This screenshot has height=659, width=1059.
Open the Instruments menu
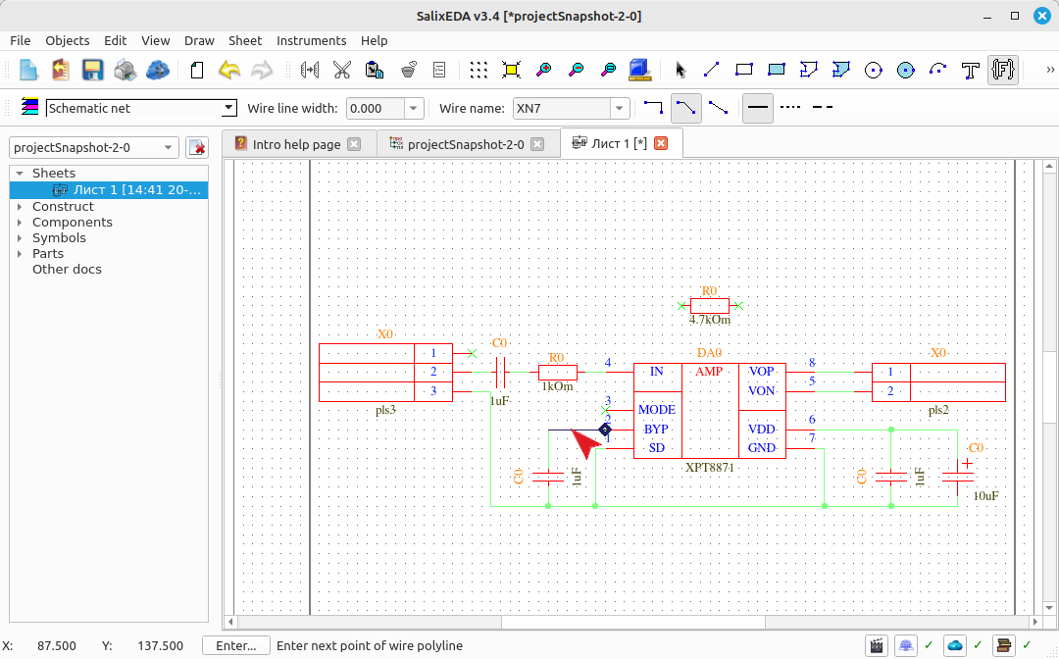click(x=312, y=40)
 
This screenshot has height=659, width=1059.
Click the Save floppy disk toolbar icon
click(x=92, y=70)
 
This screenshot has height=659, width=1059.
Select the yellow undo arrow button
click(x=228, y=70)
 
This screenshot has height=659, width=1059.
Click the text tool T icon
click(x=971, y=70)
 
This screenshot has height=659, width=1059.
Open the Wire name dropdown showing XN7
click(x=619, y=108)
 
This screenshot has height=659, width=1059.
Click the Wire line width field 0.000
click(x=376, y=108)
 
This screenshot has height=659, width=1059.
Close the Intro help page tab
click(x=354, y=144)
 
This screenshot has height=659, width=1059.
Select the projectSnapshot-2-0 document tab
click(x=466, y=144)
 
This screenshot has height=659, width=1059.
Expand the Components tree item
click(x=20, y=223)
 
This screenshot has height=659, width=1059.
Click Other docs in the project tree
click(x=67, y=269)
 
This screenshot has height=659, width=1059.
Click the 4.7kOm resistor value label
click(x=709, y=320)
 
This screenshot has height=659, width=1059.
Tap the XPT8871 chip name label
click(x=709, y=467)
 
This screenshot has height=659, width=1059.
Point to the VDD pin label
click(x=761, y=430)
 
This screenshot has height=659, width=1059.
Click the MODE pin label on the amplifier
click(x=656, y=410)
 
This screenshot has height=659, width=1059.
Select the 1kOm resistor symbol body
click(x=558, y=372)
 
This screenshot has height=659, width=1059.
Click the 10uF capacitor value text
click(x=985, y=496)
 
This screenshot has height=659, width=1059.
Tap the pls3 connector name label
click(x=385, y=410)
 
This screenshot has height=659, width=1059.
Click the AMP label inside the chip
click(x=709, y=372)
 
